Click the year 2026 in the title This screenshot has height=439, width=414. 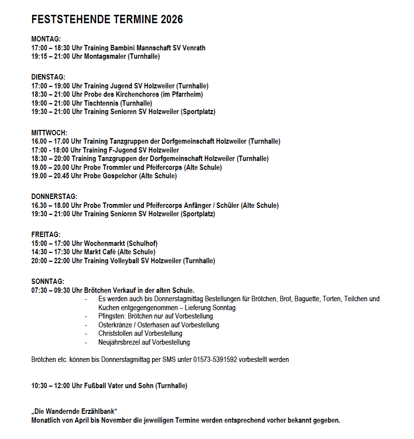point(170,20)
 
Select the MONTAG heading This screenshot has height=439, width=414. point(46,40)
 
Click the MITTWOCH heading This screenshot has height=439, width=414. point(49,133)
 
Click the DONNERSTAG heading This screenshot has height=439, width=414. point(54,197)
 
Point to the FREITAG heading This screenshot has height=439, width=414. point(46,235)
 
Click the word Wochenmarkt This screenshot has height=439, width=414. point(104,243)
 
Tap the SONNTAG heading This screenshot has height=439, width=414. point(48,281)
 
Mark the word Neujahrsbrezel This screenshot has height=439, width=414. point(118,342)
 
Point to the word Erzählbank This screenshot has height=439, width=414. point(98,412)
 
